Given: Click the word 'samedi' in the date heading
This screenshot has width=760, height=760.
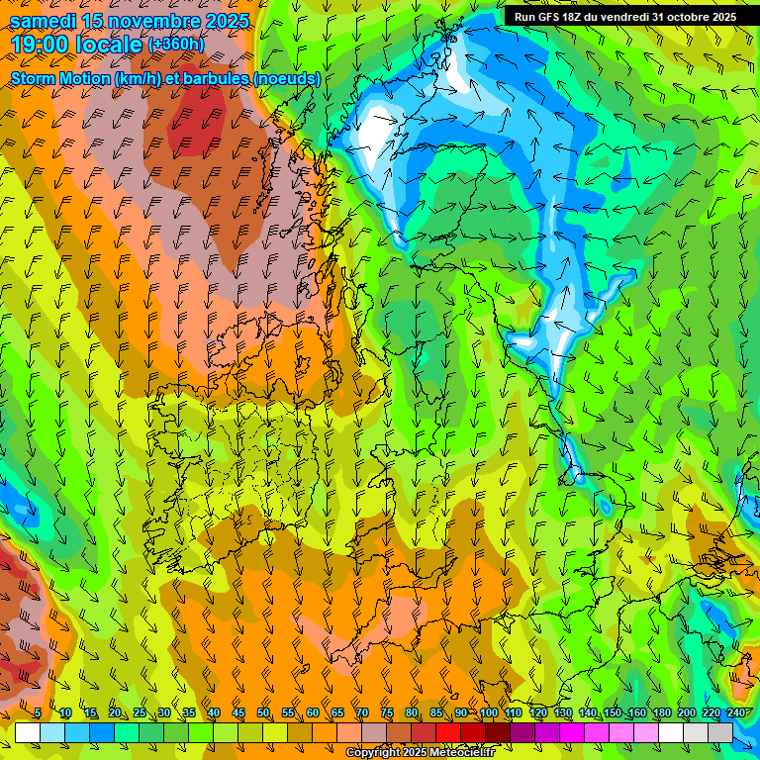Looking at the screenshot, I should point(46,21).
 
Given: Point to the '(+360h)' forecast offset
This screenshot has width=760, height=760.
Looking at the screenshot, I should point(177,45).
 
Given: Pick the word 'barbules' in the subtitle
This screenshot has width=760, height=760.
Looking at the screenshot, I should point(212,78).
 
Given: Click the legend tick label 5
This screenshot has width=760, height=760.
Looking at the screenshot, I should point(37,713).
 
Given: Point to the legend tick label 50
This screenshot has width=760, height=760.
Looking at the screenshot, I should point(262,713).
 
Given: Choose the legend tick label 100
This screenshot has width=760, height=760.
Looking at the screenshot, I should point(488,713).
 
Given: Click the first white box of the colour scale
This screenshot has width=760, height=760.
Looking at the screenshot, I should point(27,732).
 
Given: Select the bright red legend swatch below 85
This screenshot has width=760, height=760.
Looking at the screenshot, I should point(448,732).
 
